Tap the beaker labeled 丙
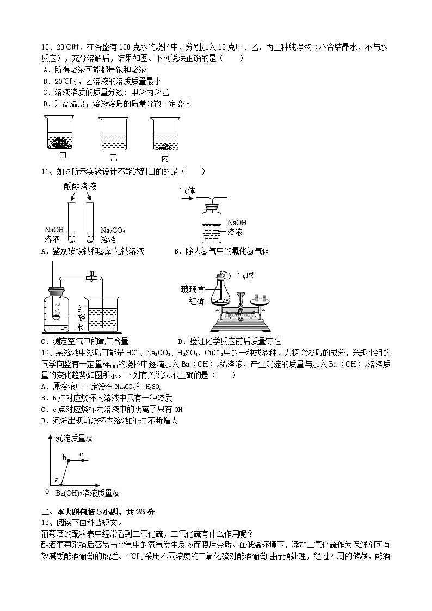point(165,134)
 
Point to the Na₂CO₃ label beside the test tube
point(113,230)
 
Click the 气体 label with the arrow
point(187,190)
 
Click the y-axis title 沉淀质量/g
point(73,439)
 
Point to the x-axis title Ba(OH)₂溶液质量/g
point(87,493)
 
